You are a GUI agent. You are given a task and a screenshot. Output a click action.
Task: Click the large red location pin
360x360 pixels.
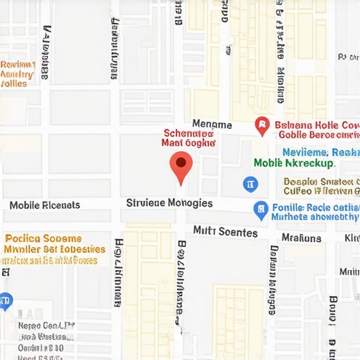coord(181,166)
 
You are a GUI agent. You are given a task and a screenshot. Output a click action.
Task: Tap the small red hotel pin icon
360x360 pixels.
coord(262,127)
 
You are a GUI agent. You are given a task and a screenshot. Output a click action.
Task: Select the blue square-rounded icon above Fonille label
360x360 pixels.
coord(250,184)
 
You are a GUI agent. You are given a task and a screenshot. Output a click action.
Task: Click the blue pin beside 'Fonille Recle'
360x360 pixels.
coord(260,209)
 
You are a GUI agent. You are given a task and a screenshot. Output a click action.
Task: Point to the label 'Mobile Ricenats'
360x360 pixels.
coord(45,205)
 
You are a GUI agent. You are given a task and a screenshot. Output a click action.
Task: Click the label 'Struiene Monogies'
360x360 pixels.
coord(169,203)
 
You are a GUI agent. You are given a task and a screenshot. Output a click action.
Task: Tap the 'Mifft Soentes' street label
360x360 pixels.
coord(226,231)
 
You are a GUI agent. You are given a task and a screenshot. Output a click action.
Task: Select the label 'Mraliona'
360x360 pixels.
coord(301,238)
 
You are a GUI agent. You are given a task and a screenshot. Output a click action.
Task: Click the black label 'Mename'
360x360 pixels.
coord(212,124)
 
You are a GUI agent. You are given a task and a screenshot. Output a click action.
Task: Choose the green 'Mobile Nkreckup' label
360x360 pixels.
coord(294,163)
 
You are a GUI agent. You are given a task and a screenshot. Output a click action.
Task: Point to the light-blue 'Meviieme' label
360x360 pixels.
coord(305,152)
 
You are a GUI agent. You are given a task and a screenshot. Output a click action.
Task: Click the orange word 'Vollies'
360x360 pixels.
coord(14,83)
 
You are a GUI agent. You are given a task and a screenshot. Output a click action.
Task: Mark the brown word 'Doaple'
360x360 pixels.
coord(298,181)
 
